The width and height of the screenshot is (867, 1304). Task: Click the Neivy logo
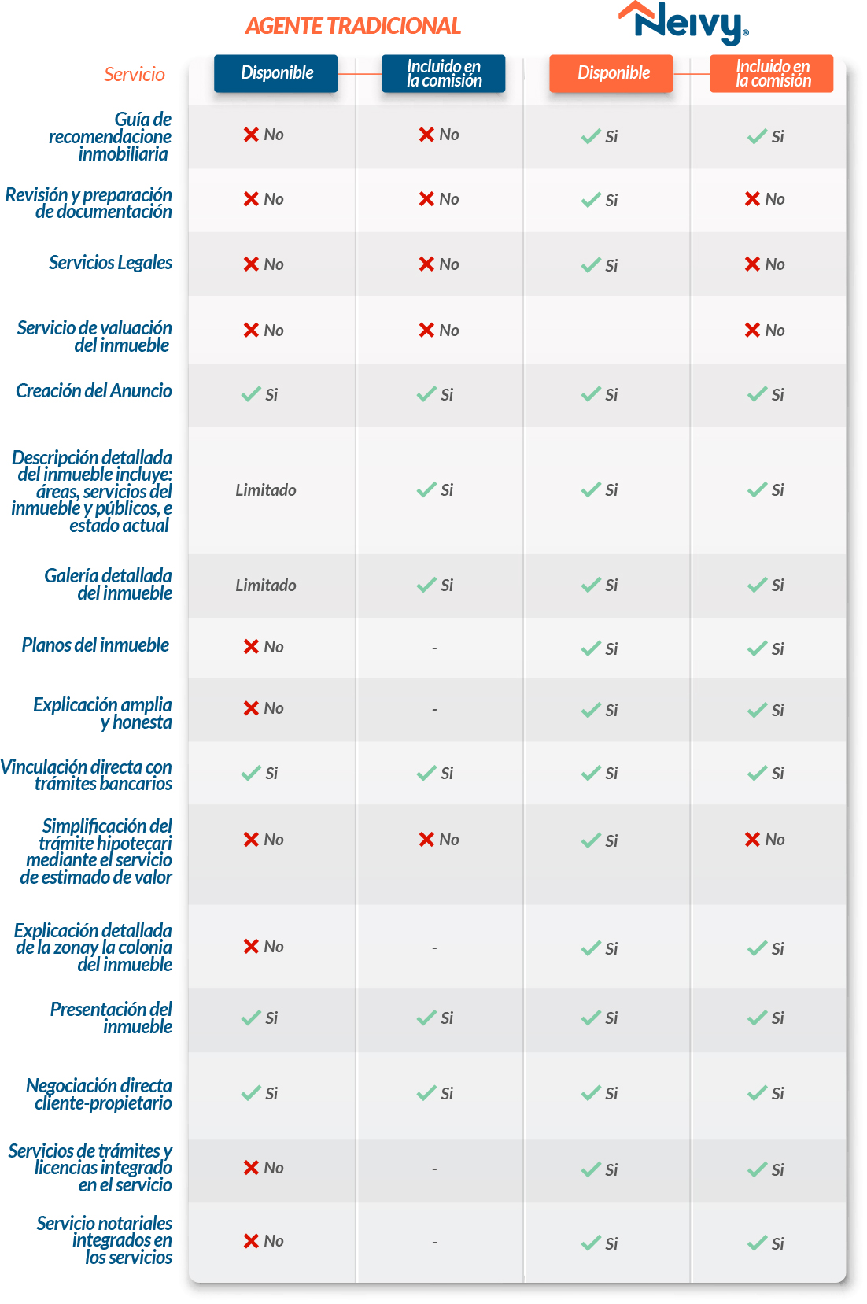tap(683, 24)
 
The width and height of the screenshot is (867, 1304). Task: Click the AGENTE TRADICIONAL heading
tap(352, 26)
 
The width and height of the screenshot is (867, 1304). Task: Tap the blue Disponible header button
tap(276, 73)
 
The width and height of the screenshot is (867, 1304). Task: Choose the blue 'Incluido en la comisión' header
tap(444, 73)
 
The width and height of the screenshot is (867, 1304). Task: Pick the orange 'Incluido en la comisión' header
tap(772, 73)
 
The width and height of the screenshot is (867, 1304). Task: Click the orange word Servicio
tap(135, 75)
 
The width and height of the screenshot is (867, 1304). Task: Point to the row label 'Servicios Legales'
tap(111, 263)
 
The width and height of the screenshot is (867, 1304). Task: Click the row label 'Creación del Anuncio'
tap(94, 390)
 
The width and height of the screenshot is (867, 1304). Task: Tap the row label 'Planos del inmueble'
tap(95, 645)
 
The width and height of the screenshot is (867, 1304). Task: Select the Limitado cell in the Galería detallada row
tap(266, 585)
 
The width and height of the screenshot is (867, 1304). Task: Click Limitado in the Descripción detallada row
tap(266, 490)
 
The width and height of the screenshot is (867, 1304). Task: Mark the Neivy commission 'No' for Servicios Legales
tap(765, 264)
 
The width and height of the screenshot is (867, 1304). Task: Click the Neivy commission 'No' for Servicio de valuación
tap(765, 331)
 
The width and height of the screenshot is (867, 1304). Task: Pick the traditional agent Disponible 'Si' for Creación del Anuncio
tap(260, 395)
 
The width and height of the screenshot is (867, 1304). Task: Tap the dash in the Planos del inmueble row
tap(434, 648)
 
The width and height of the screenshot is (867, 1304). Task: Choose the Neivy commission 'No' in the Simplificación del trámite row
tap(765, 840)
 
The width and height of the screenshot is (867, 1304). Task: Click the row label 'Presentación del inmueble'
tap(111, 1018)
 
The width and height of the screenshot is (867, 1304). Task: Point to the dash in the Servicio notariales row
tap(434, 1243)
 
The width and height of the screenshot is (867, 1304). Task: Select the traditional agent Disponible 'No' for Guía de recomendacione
tap(264, 135)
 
